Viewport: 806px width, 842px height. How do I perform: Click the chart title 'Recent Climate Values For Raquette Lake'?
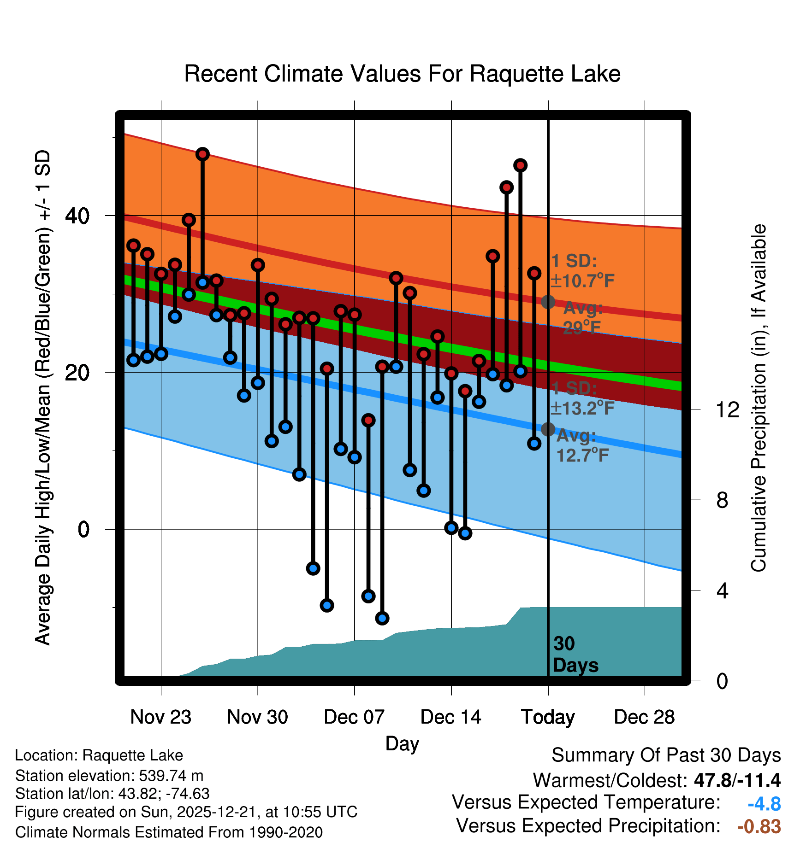(x=402, y=74)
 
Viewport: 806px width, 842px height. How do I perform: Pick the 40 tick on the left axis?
(x=77, y=216)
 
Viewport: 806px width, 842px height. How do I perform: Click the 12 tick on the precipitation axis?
(x=727, y=409)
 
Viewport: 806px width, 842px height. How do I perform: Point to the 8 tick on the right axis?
(x=722, y=500)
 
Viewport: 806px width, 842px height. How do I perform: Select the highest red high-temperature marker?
(x=202, y=154)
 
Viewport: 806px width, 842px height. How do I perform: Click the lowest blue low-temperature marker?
(x=382, y=618)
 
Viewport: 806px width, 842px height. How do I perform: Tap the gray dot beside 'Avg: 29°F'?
(x=548, y=302)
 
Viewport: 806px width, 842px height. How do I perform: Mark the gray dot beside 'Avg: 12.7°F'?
(x=548, y=429)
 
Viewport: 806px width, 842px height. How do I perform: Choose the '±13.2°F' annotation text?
(x=582, y=408)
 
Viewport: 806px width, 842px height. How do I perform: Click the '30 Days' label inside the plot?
(x=575, y=655)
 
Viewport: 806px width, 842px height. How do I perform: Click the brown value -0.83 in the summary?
(x=759, y=826)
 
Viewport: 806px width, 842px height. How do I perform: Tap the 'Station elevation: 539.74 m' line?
(x=109, y=776)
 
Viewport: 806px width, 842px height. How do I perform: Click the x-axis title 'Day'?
(x=402, y=743)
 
